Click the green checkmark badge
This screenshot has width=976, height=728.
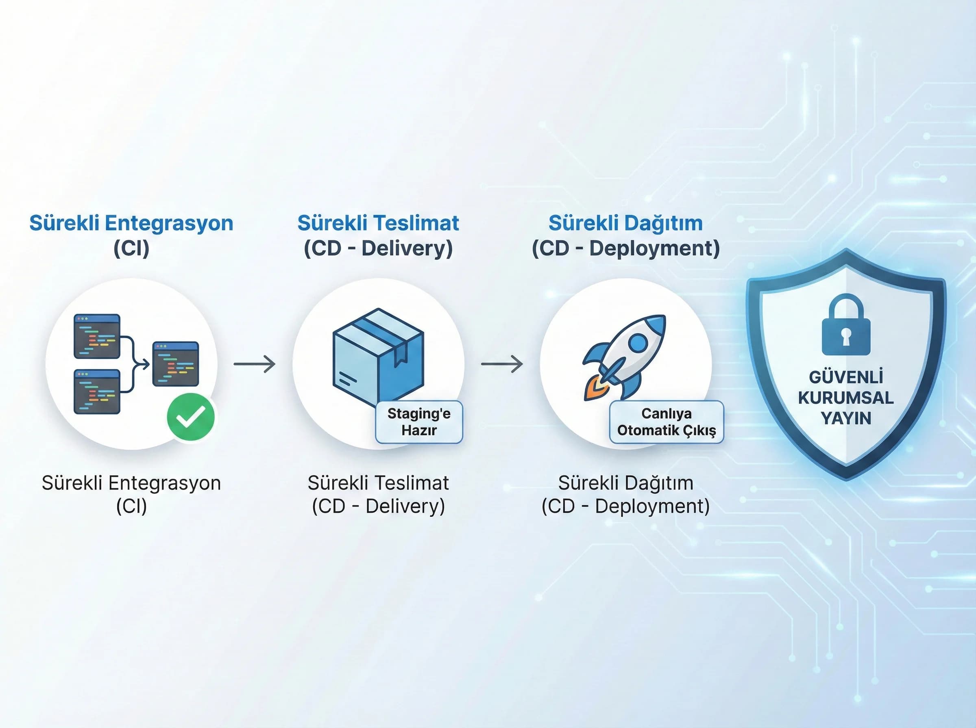tap(191, 416)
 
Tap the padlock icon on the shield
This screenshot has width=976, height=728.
tap(846, 327)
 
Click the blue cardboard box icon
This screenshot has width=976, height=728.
tap(378, 357)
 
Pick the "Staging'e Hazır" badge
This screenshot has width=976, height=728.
tap(419, 422)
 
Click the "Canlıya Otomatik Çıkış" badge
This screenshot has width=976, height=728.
tap(667, 422)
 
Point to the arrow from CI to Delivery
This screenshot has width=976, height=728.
tap(255, 364)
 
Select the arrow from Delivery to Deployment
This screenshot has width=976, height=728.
tap(502, 364)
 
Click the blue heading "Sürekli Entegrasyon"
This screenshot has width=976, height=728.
tap(131, 223)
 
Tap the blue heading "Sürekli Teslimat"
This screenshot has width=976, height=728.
tap(378, 223)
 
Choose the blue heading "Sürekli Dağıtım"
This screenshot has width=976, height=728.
tap(625, 223)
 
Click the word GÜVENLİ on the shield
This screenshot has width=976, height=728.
tap(846, 377)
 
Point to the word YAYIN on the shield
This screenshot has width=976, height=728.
tap(846, 418)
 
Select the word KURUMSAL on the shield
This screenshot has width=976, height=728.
tap(846, 397)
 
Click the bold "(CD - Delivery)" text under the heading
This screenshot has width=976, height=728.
tap(378, 248)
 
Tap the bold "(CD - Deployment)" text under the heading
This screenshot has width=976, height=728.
tap(625, 248)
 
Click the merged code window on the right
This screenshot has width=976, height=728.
tap(176, 364)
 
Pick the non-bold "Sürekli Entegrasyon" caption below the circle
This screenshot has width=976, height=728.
tap(131, 483)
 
